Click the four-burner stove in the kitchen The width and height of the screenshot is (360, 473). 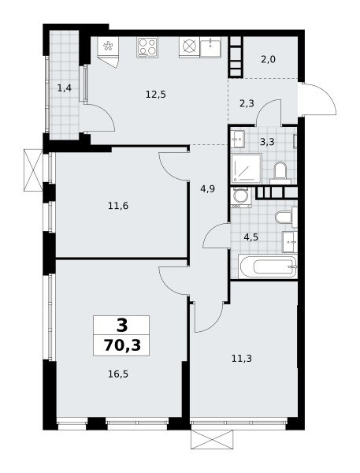tap(147, 47)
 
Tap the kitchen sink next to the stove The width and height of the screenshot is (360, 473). tap(210, 47)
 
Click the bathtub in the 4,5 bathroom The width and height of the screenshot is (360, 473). tap(268, 266)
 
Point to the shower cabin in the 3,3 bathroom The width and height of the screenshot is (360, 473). tap(247, 169)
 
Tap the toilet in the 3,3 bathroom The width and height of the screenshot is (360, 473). tap(280, 173)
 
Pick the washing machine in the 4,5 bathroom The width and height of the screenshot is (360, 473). tap(241, 197)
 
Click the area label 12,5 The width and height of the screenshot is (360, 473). tap(155, 95)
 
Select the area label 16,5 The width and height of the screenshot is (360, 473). tap(118, 374)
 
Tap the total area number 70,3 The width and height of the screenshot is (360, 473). tap(122, 345)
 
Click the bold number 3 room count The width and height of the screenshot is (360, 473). tap(122, 325)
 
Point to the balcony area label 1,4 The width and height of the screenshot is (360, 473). tap(65, 88)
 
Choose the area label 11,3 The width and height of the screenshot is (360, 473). tap(242, 359)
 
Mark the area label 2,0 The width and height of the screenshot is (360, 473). tap(268, 59)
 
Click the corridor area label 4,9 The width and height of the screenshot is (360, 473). tap(208, 189)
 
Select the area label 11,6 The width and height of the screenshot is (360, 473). tap(118, 206)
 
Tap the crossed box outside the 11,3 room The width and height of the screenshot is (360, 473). tap(212, 440)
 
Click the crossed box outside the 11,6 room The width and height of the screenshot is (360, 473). tap(33, 169)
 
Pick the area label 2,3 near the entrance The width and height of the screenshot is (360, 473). tap(247, 104)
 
